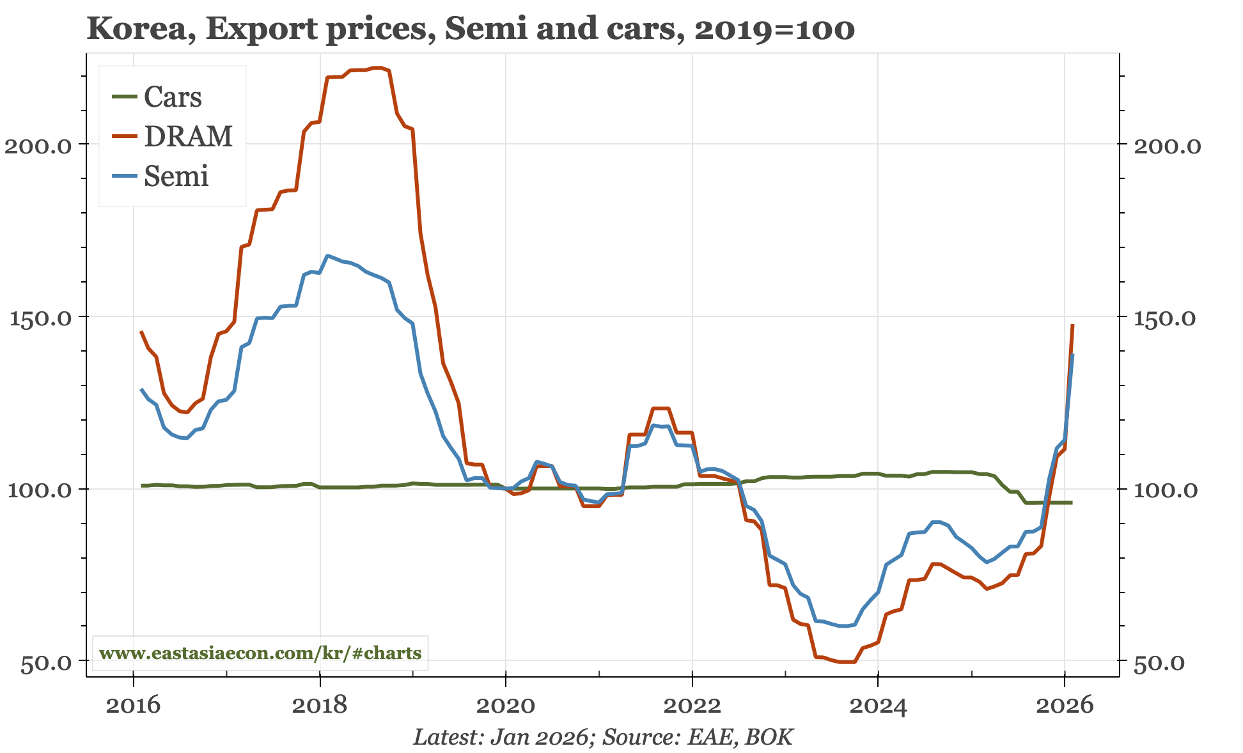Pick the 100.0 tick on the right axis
1168,490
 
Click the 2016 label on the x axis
134,706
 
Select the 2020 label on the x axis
506,706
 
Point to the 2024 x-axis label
879,706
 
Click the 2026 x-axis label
1065,706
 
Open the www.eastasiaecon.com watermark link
260,653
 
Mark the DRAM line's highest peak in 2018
377,67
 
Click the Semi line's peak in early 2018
327,256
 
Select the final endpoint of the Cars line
1072,502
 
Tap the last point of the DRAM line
1072,325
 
